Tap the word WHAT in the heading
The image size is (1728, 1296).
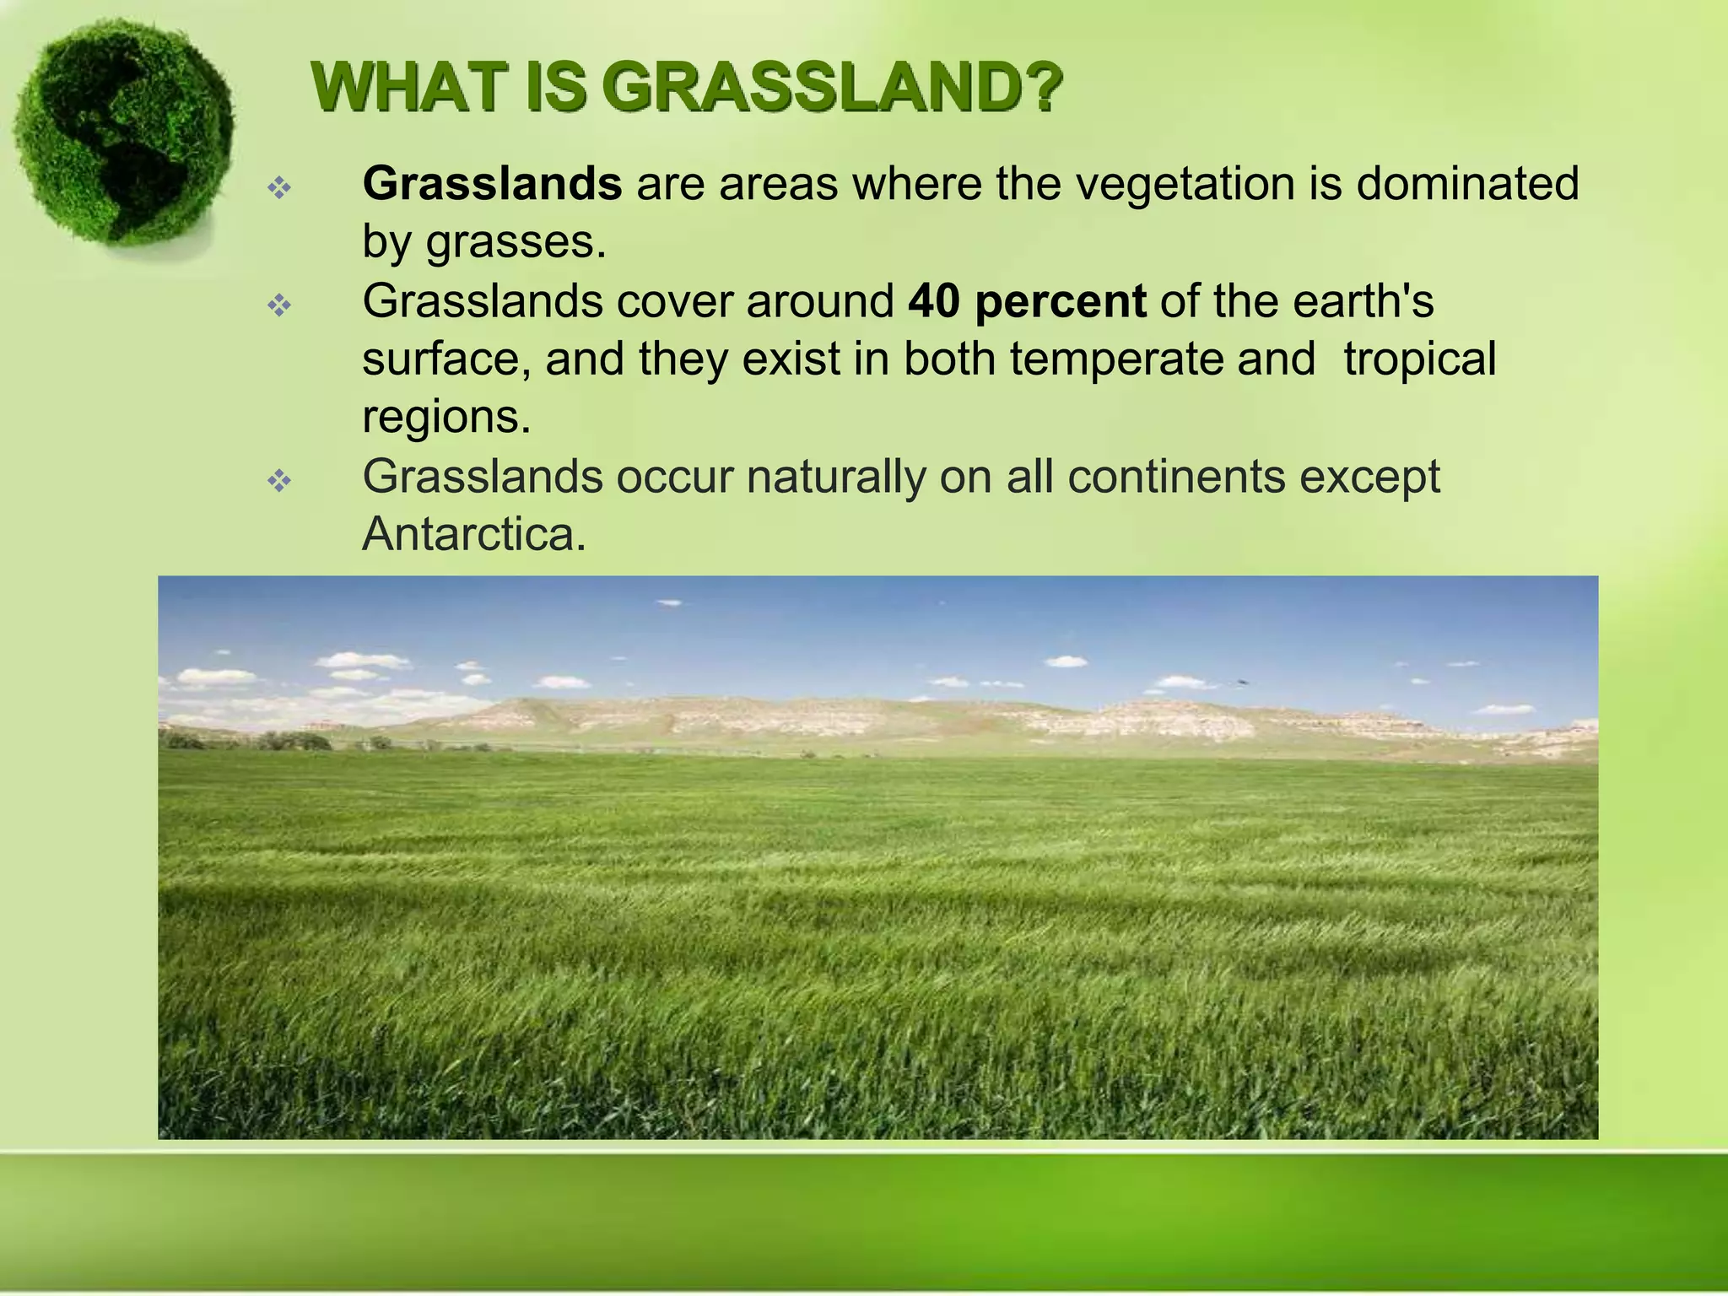(x=412, y=88)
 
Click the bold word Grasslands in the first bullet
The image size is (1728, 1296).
(x=492, y=183)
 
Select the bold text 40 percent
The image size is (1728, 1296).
(x=1026, y=300)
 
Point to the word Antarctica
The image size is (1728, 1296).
(x=473, y=534)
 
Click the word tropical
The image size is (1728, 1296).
(x=1419, y=359)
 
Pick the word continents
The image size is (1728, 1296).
(x=1176, y=477)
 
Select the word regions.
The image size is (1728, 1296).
(x=446, y=417)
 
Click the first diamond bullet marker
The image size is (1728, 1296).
(x=279, y=187)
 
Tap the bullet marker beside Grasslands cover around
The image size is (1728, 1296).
(x=279, y=305)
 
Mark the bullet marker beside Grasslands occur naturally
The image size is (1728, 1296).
(x=279, y=481)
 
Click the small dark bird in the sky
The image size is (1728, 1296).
(x=1242, y=681)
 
